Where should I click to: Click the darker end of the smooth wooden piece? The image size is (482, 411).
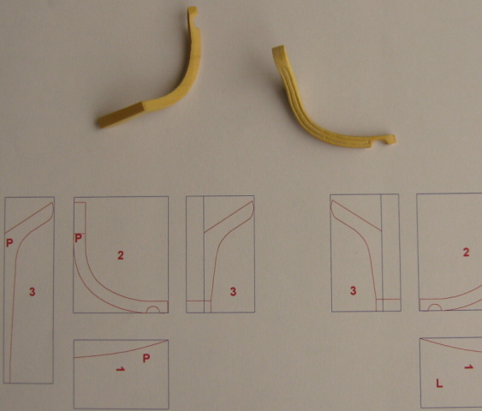tap(121, 116)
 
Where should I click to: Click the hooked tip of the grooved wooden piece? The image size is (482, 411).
tap(390, 139)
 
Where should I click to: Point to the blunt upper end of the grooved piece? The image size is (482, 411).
tap(278, 51)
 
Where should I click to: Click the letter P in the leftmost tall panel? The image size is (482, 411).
tap(9, 243)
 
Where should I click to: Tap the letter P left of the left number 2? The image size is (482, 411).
tap(79, 238)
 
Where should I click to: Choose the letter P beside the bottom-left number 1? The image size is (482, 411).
tap(146, 358)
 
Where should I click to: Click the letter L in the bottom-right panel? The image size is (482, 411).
tap(439, 383)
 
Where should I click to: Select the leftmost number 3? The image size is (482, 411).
tap(33, 291)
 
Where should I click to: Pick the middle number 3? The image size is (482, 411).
tap(234, 291)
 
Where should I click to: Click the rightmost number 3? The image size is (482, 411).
tap(354, 290)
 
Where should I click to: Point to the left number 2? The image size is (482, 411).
tap(121, 255)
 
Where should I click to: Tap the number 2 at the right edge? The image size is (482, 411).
tap(466, 253)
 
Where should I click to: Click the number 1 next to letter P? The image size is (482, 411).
tap(121, 368)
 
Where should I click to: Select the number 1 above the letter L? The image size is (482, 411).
tap(468, 366)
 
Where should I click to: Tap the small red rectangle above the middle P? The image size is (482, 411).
tap(80, 218)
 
